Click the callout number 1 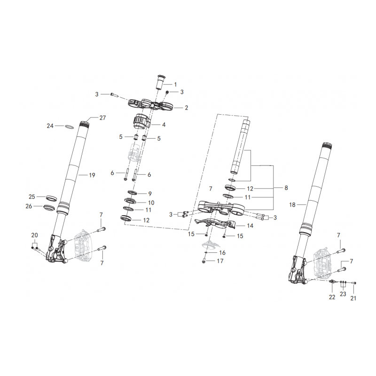pos(175,85)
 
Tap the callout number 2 pos(186,108)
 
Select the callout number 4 pos(164,125)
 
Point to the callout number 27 pos(102,118)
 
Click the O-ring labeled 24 pos(69,126)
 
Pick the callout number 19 pos(92,175)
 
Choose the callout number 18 pos(292,205)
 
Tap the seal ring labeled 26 pos(50,208)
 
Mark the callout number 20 pos(34,235)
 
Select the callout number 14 pos(250,226)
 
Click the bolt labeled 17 pos(204,261)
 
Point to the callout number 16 pos(222,252)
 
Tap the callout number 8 pos(286,188)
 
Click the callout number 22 pos(332,298)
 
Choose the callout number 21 pos(353,298)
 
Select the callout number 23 pos(343,294)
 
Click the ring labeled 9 pos(133,192)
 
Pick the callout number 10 pos(151,203)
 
